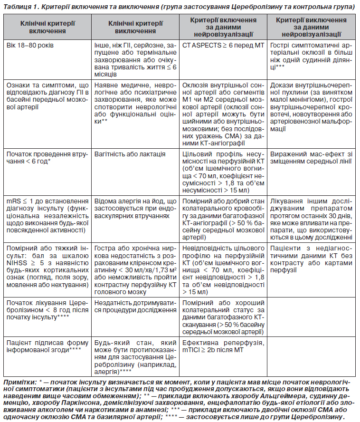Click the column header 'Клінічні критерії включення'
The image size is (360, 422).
(47, 27)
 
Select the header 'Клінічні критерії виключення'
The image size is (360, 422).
(135, 27)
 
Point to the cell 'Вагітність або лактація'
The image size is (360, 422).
(130, 154)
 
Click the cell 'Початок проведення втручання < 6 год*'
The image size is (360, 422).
(47, 158)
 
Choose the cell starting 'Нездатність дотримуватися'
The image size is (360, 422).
(135, 308)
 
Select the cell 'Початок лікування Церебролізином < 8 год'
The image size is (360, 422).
(47, 308)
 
